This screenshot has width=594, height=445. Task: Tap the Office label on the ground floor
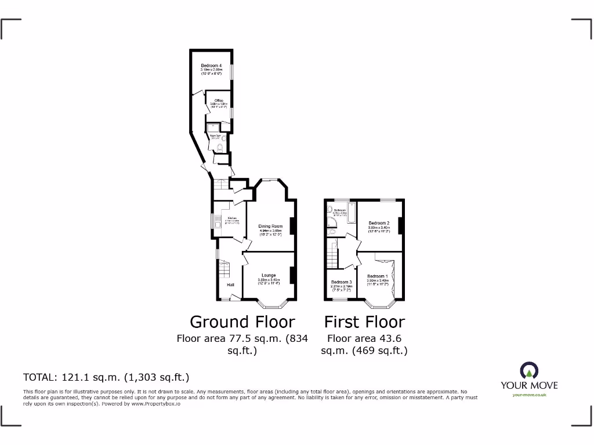click(x=219, y=101)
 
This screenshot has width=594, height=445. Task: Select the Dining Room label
click(x=271, y=226)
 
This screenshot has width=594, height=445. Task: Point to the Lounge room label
click(x=269, y=275)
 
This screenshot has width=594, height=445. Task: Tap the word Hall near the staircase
click(x=230, y=285)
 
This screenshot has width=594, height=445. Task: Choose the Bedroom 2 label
click(x=379, y=223)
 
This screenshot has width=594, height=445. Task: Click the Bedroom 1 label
click(x=378, y=276)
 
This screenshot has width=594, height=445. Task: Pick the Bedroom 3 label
click(x=342, y=282)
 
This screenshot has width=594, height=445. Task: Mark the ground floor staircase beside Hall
click(x=224, y=269)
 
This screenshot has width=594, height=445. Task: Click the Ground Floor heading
click(x=242, y=322)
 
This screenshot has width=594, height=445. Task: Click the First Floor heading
click(x=364, y=322)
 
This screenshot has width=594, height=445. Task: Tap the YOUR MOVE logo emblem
click(x=529, y=370)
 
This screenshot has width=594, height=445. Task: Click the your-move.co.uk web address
click(x=529, y=395)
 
